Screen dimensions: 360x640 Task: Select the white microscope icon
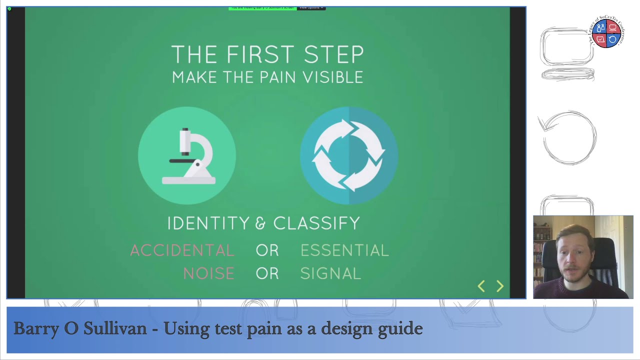[188, 156]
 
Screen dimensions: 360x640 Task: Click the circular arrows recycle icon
[348, 155]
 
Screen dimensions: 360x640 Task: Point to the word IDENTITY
[208, 223]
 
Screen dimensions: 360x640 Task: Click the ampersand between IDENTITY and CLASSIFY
[260, 223]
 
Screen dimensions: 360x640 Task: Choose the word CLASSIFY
[316, 223]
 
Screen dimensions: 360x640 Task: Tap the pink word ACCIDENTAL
[182, 250]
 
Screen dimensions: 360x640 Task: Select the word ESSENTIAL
[344, 250]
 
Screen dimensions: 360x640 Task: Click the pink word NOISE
[208, 273]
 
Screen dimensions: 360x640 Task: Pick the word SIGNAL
[330, 273]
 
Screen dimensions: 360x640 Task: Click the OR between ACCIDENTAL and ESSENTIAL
[267, 250]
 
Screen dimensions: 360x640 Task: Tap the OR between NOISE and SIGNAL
[267, 273]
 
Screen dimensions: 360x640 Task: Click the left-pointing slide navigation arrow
[481, 286]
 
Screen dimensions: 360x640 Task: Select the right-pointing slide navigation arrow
[500, 286]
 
